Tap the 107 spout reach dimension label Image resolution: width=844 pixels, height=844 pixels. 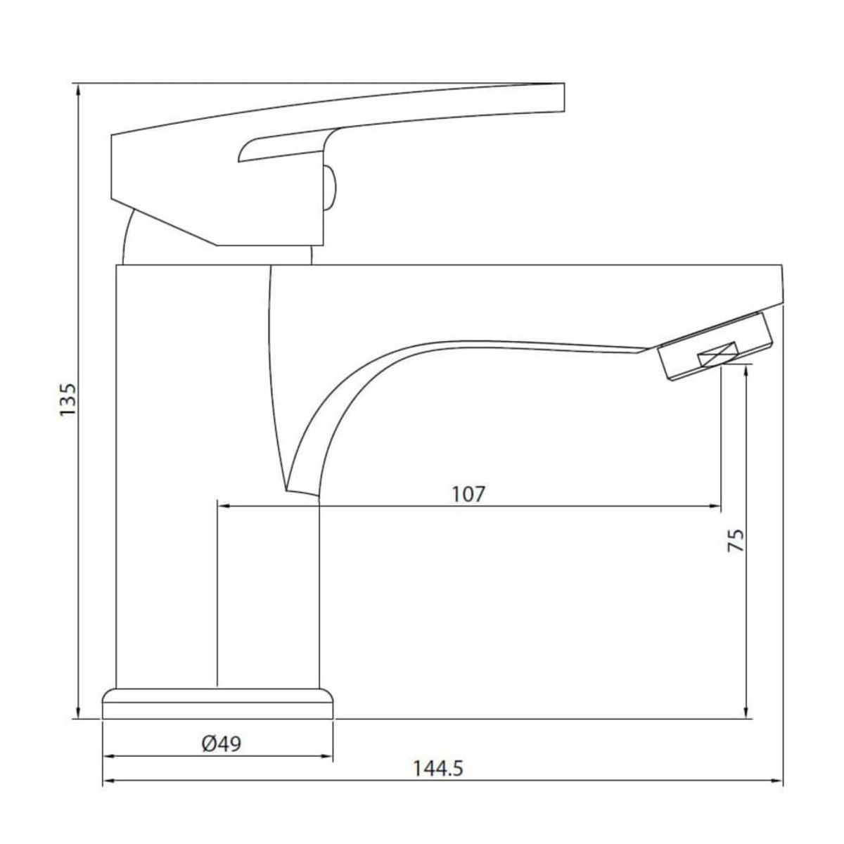pos(468,494)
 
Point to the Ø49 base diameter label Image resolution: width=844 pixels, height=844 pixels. pos(220,743)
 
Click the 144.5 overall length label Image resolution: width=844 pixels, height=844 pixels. pos(437,769)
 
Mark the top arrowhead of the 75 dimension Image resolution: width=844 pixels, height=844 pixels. pos(747,369)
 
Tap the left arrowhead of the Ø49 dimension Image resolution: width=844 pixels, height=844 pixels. pos(109,757)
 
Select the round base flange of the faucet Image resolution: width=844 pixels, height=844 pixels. pos(218,703)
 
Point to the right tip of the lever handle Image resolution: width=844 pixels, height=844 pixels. pos(563,98)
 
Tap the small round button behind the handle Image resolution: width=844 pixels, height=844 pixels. pos(331,188)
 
